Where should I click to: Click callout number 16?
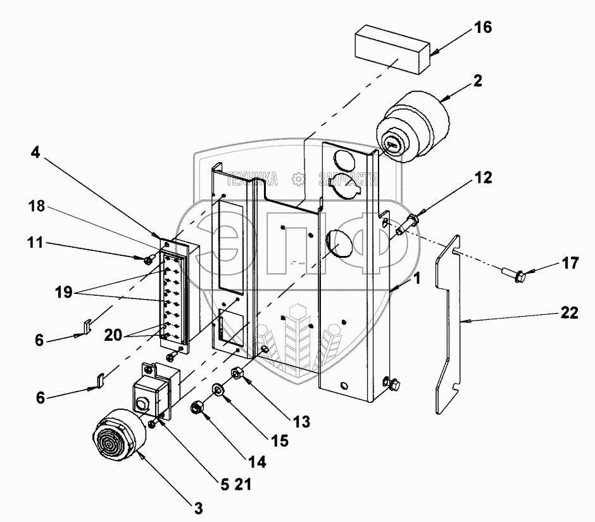[483, 27]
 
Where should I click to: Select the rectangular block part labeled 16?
[392, 49]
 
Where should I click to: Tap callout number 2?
[478, 80]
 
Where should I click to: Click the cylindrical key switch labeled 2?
[413, 127]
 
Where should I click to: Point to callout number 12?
[483, 177]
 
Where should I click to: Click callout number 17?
[570, 263]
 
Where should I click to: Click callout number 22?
[569, 313]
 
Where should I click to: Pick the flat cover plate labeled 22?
[448, 324]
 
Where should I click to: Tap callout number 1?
[417, 279]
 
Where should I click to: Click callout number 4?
[35, 153]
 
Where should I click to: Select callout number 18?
[37, 206]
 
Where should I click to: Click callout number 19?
[63, 292]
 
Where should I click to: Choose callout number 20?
[113, 335]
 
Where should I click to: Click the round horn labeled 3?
[119, 435]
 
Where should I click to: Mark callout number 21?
[243, 485]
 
